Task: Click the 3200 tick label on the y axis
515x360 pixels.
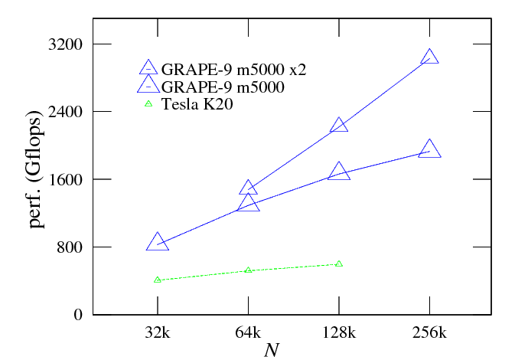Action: (x=64, y=44)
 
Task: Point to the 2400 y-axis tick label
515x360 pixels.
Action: (x=64, y=112)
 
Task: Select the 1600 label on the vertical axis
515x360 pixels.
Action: (x=64, y=179)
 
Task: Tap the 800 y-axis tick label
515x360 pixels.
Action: (x=68, y=247)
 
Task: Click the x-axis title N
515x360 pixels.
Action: (x=271, y=350)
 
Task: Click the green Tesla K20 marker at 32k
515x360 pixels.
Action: (x=158, y=280)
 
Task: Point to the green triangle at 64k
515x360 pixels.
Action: (x=248, y=270)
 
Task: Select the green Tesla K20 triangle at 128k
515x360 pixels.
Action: (x=339, y=264)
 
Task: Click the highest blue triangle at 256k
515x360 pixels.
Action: (x=429, y=57)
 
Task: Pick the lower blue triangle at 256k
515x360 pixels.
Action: (x=429, y=149)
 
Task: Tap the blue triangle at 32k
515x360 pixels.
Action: (x=158, y=242)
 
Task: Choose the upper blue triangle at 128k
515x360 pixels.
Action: (x=339, y=125)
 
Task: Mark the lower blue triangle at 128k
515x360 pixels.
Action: (x=339, y=172)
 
